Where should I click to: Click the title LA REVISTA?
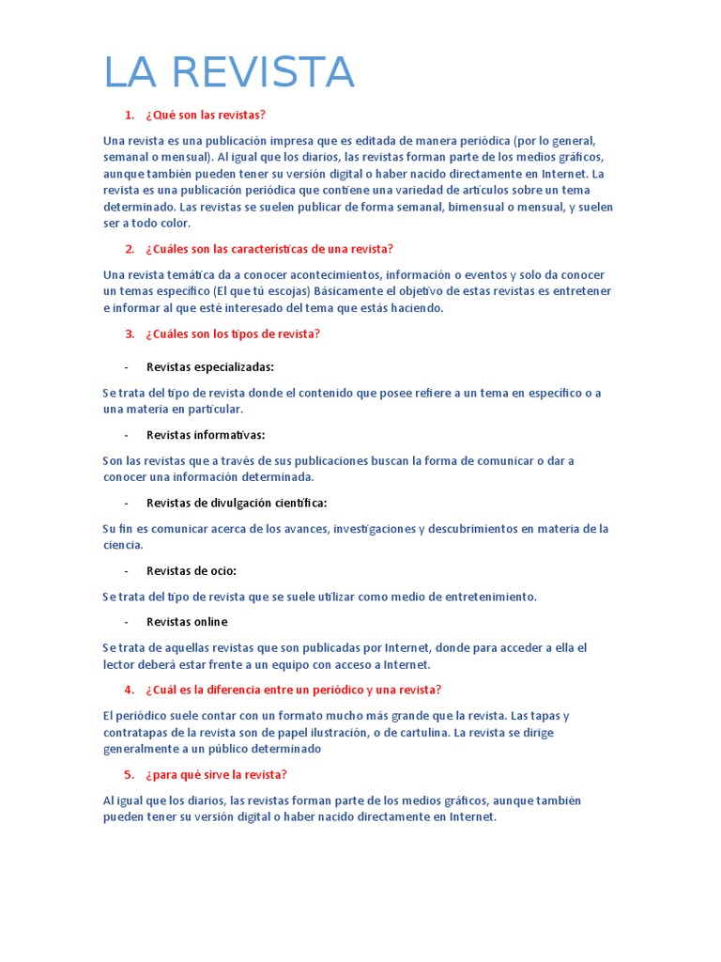[228, 73]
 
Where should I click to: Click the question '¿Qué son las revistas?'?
[206, 115]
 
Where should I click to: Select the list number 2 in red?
[130, 249]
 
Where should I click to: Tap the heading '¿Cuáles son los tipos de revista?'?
[233, 334]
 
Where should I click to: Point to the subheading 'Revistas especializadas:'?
[210, 367]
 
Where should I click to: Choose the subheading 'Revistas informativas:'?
[206, 435]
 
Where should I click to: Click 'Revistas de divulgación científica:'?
[237, 503]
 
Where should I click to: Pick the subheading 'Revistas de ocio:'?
[192, 570]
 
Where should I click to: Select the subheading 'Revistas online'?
[187, 622]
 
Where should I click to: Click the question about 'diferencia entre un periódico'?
[293, 690]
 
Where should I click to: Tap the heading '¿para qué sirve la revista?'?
[216, 775]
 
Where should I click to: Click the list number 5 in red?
[130, 775]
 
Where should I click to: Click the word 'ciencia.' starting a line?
[123, 545]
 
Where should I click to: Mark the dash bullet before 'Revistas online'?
[127, 622]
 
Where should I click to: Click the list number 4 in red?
[130, 690]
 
